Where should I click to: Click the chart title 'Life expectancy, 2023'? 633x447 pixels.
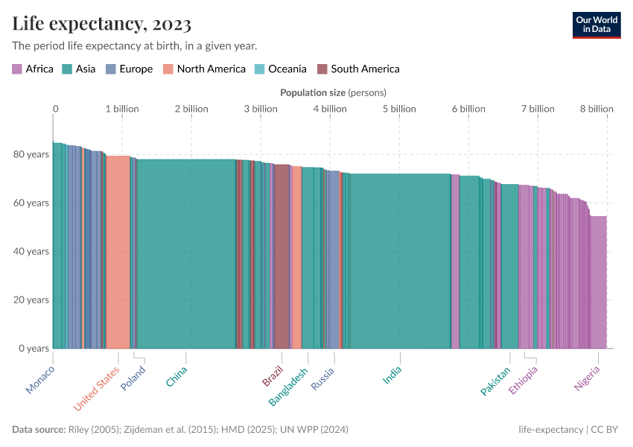[x=102, y=24]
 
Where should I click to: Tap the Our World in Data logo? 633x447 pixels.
[x=596, y=25]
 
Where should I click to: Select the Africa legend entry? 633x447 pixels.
[x=33, y=69]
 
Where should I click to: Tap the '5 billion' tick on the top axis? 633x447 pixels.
[x=399, y=109]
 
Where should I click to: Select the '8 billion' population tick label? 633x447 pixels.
[x=597, y=109]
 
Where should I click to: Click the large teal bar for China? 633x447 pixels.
[x=186, y=253]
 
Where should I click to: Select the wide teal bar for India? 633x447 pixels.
[x=400, y=261]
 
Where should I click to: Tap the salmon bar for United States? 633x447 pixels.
[x=118, y=253]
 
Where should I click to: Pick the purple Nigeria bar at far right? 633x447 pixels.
[x=598, y=283]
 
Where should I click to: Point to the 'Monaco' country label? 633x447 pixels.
[x=40, y=379]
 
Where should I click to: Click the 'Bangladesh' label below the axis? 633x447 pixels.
[x=289, y=387]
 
